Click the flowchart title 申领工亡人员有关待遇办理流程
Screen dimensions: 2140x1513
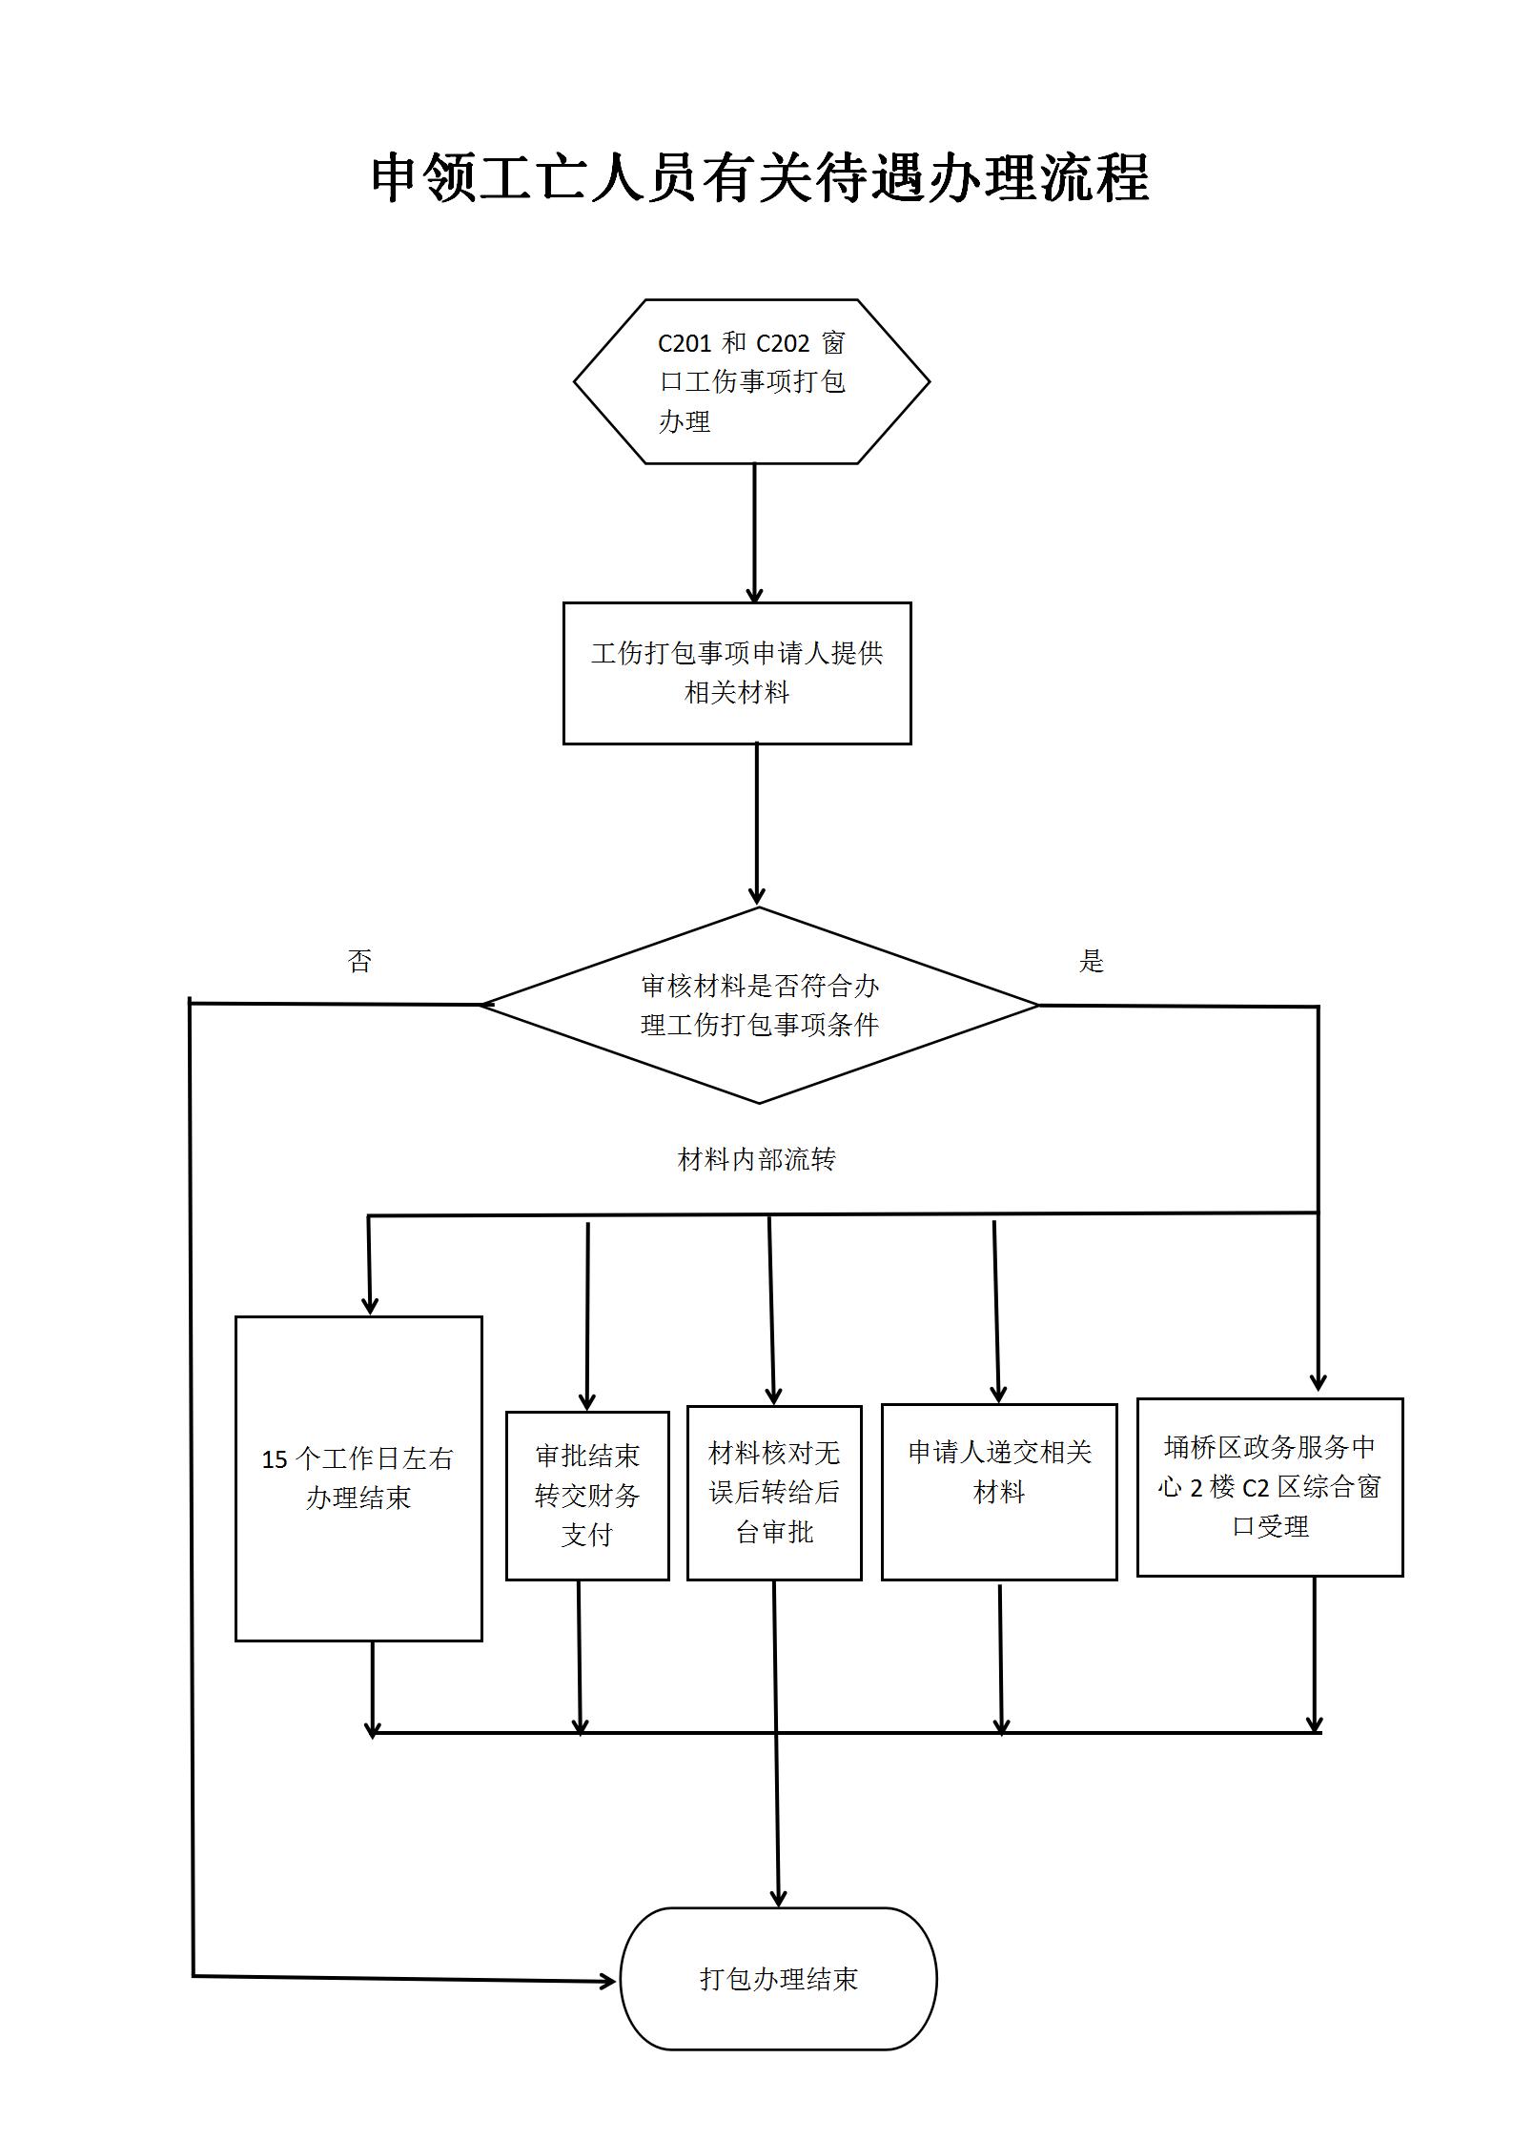pos(760,178)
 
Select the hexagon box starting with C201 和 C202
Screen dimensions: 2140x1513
pos(751,381)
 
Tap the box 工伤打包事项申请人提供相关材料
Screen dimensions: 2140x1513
pos(737,673)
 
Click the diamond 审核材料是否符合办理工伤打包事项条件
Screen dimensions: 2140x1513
pos(759,1005)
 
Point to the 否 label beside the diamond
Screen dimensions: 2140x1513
pos(359,961)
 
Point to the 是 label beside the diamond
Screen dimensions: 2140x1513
pos(1091,961)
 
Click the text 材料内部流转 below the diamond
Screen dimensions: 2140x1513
pos(756,1159)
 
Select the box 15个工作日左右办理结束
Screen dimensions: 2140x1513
pos(358,1478)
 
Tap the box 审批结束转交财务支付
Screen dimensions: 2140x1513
pos(587,1495)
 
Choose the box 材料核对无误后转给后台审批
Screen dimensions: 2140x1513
pos(774,1493)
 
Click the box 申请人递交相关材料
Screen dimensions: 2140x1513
pos(999,1492)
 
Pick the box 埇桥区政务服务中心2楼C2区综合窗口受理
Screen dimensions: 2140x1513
pos(1270,1487)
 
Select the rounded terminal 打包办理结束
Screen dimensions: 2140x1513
pos(778,1979)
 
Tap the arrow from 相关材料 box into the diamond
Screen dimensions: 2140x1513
pos(757,825)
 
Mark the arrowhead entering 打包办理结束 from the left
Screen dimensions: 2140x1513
pos(608,1982)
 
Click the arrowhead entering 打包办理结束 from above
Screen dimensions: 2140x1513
pos(779,1897)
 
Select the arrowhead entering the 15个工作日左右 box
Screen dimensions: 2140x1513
pos(370,1305)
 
